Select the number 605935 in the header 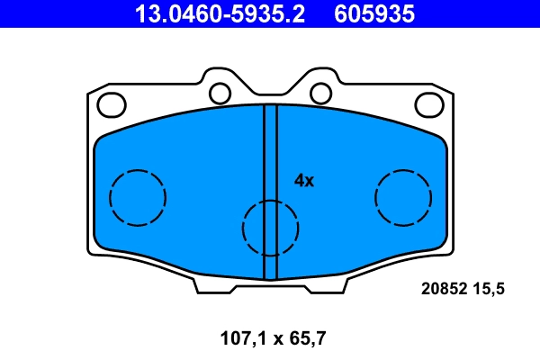point(374,13)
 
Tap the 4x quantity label point(304,180)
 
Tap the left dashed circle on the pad point(138,197)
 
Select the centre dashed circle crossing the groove point(270,227)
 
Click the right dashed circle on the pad point(403,197)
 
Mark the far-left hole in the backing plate point(111,105)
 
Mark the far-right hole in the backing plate point(430,105)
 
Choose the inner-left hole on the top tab point(219,93)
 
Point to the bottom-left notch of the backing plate point(209,286)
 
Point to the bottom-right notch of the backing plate point(330,286)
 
